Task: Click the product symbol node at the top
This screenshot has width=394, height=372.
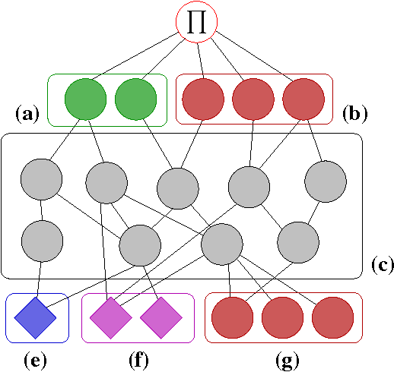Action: [196, 23]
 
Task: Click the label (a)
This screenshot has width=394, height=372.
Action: [27, 115]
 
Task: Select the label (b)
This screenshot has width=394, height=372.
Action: [355, 115]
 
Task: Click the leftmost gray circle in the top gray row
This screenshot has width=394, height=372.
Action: [41, 181]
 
